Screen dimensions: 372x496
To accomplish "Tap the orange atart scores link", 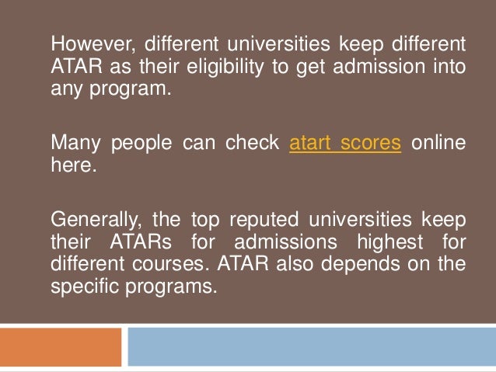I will (345, 144).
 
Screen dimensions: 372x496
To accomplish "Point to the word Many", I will (72, 144).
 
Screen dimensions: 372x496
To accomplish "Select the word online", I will (439, 144).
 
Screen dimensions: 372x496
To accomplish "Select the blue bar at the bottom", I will (312, 347).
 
